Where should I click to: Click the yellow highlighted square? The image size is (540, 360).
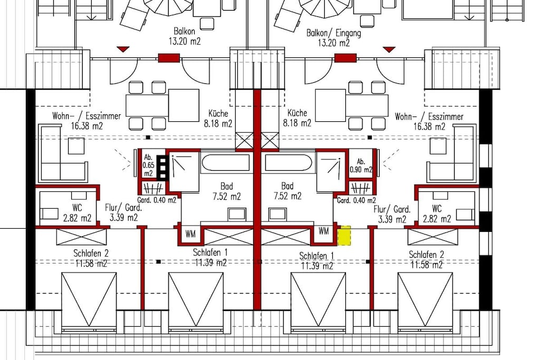pyautogui.click(x=344, y=236)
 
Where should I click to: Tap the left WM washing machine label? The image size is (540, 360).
pyautogui.click(x=190, y=234)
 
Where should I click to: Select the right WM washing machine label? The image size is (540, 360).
pyautogui.click(x=323, y=231)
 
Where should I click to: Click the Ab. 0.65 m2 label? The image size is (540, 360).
pyautogui.click(x=148, y=166)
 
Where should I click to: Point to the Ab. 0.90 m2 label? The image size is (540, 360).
pyautogui.click(x=361, y=166)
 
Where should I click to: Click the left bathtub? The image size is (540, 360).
pyautogui.click(x=226, y=163)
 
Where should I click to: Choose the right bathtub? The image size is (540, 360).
pyautogui.click(x=288, y=163)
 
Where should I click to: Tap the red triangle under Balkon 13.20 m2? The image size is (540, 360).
pyautogui.click(x=122, y=49)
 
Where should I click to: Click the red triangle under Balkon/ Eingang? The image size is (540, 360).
pyautogui.click(x=389, y=50)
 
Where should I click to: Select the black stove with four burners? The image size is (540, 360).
pyautogui.click(x=161, y=167)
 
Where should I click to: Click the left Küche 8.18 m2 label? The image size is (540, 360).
pyautogui.click(x=218, y=119)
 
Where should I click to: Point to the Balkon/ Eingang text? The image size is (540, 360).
pyautogui.click(x=334, y=33)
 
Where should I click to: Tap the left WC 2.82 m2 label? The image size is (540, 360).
pyautogui.click(x=77, y=213)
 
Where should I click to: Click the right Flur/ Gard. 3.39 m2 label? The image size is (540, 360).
pyautogui.click(x=392, y=214)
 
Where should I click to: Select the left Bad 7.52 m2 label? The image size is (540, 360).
pyautogui.click(x=227, y=191)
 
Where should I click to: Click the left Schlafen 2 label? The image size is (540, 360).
pyautogui.click(x=91, y=254)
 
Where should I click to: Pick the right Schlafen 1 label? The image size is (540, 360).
pyautogui.click(x=317, y=256)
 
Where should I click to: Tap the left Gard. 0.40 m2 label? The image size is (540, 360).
pyautogui.click(x=157, y=200)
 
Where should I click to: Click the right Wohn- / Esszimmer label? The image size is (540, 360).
pyautogui.click(x=429, y=116)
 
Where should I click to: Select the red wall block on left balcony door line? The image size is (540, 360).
pyautogui.click(x=169, y=58)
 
